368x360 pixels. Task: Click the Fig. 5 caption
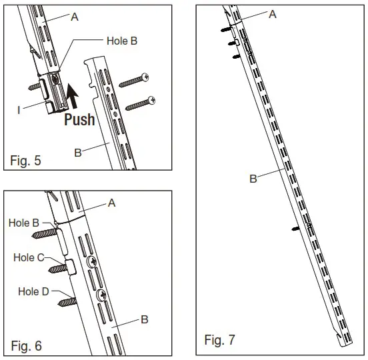point(26,160)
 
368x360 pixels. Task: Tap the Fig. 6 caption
point(26,345)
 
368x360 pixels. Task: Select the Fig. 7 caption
point(219,341)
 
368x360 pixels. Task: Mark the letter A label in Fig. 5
point(75,17)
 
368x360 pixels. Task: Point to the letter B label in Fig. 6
point(144,319)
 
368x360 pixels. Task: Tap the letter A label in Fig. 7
point(273,13)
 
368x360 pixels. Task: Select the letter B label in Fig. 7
point(253,179)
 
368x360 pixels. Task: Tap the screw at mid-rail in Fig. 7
point(296,228)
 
